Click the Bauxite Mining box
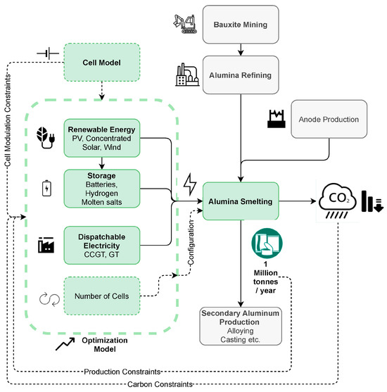tap(241, 25)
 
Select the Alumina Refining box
tap(241, 75)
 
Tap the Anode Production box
tap(329, 119)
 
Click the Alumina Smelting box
tap(241, 201)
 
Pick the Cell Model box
tap(102, 62)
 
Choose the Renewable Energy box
tap(102, 138)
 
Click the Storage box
tap(102, 189)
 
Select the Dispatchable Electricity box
tap(102, 245)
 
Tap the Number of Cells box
tap(102, 296)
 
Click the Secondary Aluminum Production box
tap(241, 327)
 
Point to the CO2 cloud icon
tap(337, 201)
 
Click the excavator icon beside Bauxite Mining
tap(185, 24)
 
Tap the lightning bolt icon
tap(190, 184)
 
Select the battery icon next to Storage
tap(46, 188)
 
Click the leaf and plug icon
tap(46, 138)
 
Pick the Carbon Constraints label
tap(160, 384)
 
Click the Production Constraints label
tap(122, 372)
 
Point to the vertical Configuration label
tap(191, 242)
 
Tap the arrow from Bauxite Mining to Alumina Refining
tap(241, 50)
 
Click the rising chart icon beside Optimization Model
tap(65, 344)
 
